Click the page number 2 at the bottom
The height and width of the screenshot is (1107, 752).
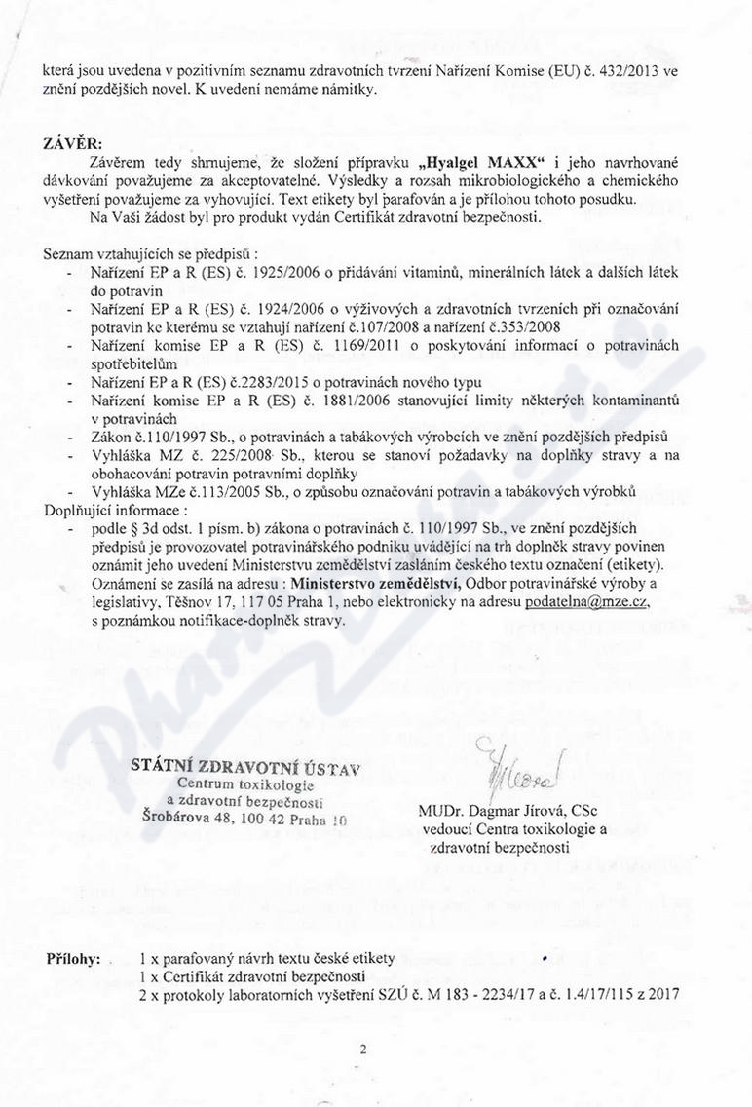[x=361, y=1050]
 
